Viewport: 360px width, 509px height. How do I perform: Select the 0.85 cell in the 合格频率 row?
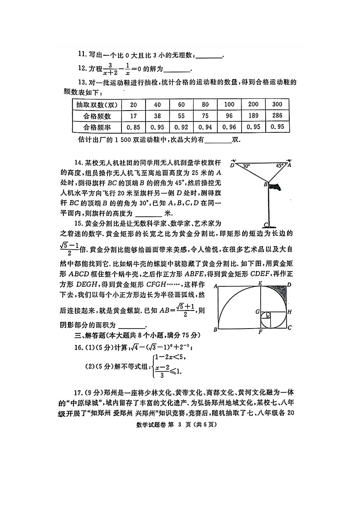tap(133, 127)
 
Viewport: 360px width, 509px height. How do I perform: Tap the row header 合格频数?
tap(97, 116)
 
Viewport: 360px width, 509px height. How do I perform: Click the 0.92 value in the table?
tap(181, 127)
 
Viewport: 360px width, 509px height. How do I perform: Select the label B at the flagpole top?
tap(265, 184)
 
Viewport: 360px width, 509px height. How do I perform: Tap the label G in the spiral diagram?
tap(257, 312)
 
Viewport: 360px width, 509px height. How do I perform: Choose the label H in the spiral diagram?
tap(290, 312)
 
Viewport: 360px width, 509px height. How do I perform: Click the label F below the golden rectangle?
tap(260, 332)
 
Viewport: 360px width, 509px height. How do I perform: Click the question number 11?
tap(82, 54)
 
